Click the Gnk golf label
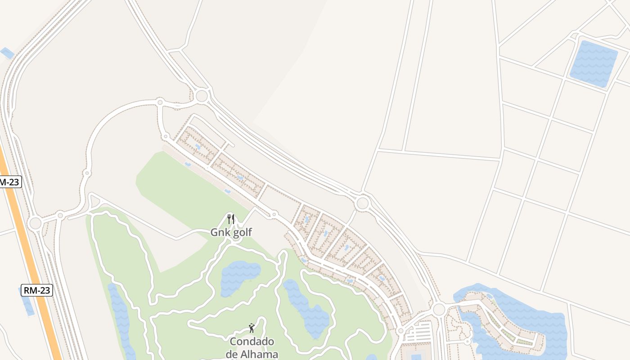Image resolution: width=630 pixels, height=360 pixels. [231, 232]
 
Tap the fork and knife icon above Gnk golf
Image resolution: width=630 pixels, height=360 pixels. [231, 219]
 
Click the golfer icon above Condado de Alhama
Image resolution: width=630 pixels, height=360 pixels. [252, 328]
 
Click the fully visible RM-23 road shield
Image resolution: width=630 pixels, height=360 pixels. [37, 290]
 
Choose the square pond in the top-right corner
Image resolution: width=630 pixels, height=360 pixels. [594, 63]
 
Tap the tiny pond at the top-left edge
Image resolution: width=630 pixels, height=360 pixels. [7, 53]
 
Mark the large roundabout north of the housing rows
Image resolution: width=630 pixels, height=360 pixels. [202, 95]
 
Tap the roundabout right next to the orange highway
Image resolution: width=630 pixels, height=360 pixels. [35, 223]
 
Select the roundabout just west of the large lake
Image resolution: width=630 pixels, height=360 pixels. [439, 309]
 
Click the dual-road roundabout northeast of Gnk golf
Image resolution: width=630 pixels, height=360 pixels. [362, 203]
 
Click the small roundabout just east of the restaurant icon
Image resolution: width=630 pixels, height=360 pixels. [274, 214]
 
